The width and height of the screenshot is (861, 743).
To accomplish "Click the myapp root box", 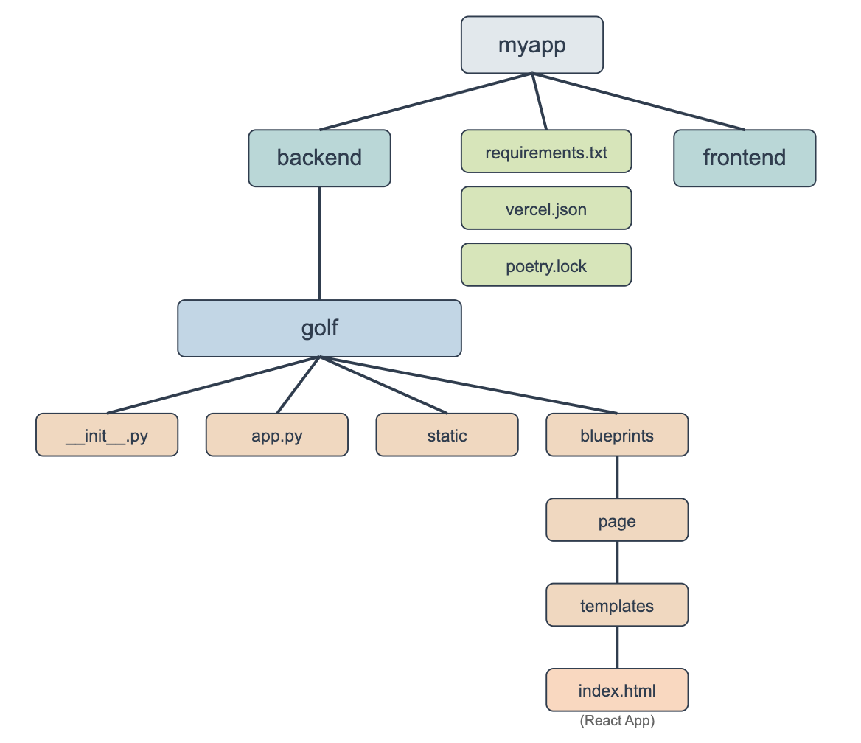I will (531, 45).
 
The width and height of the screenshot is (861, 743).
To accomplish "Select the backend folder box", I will (319, 158).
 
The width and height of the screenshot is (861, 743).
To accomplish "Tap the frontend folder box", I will (745, 158).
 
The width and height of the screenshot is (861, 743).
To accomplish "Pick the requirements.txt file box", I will (546, 153).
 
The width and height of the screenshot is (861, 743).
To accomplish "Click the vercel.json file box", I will (546, 209).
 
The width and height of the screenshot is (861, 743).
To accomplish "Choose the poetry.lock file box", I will (546, 265).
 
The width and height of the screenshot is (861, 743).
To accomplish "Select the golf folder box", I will (319, 328).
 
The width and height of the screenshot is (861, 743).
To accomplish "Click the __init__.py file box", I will (107, 435).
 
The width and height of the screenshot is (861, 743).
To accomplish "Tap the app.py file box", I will (276, 435).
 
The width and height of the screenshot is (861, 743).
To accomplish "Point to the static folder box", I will (447, 435).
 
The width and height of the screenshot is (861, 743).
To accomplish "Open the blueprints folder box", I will (617, 435).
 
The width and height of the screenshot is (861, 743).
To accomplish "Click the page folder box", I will (617, 520).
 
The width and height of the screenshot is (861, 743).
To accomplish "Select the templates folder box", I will (617, 605).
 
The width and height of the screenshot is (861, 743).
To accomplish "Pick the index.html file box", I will (617, 691).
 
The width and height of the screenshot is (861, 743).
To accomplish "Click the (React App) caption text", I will (617, 720).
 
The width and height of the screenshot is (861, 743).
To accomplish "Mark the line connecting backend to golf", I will (319, 243).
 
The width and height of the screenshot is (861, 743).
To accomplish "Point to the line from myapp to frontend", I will (638, 101).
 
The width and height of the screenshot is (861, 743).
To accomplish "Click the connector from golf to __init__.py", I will (213, 386).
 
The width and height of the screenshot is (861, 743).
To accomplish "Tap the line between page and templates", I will (617, 562).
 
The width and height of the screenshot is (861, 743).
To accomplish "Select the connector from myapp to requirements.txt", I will (539, 102).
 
